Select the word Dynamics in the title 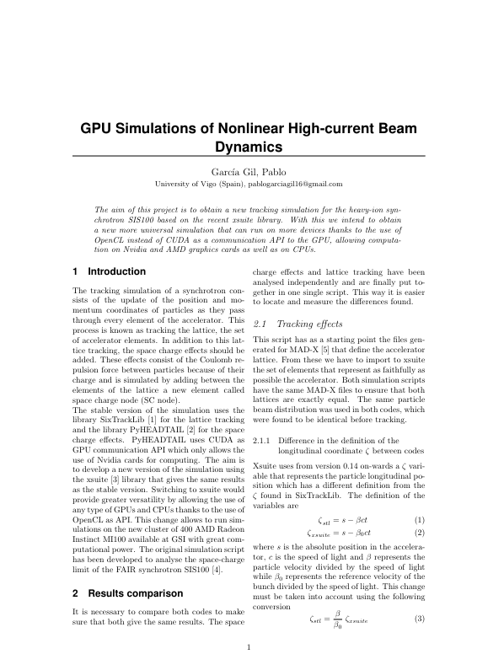coord(251,148)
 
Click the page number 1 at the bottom coord(249,646)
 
